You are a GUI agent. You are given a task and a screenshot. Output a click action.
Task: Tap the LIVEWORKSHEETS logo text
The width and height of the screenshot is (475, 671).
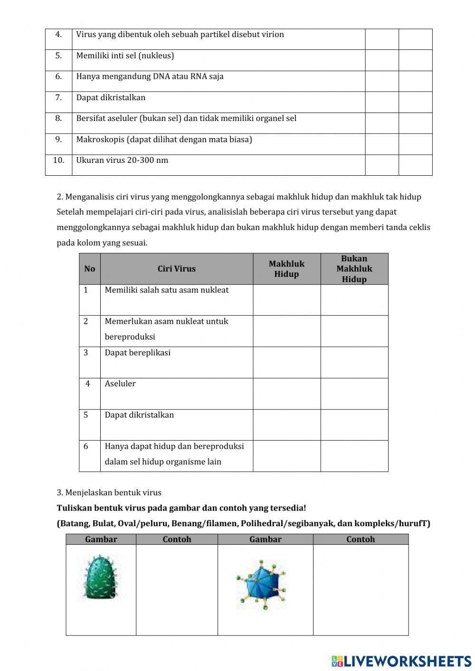pyautogui.click(x=401, y=661)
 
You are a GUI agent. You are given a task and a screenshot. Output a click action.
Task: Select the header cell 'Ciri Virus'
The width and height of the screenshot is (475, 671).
pyautogui.click(x=176, y=269)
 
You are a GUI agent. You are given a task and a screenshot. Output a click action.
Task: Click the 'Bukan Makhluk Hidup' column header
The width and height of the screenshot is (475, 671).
pyautogui.click(x=354, y=269)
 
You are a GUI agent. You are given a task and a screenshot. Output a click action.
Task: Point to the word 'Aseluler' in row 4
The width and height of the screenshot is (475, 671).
pyautogui.click(x=120, y=384)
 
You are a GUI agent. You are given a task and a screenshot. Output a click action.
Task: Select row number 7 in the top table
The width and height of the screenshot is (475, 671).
pyautogui.click(x=58, y=97)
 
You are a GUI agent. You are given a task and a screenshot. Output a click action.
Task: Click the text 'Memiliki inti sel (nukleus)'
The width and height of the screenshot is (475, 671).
pyautogui.click(x=125, y=56)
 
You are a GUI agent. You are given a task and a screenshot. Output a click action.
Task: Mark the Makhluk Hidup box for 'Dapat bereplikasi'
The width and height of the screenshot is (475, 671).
pyautogui.click(x=286, y=362)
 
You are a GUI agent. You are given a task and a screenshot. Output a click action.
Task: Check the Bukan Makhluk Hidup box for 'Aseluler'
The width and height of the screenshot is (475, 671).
pyautogui.click(x=354, y=394)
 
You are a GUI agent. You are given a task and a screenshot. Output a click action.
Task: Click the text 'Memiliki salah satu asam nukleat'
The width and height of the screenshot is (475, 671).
pyautogui.click(x=166, y=290)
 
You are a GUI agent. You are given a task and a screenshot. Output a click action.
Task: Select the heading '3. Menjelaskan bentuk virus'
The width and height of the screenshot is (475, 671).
pyautogui.click(x=109, y=492)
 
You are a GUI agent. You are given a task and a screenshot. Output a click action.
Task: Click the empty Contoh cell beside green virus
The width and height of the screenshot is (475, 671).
pyautogui.click(x=177, y=589)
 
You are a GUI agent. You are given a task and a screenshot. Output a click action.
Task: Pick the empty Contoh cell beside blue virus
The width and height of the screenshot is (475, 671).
pyautogui.click(x=361, y=589)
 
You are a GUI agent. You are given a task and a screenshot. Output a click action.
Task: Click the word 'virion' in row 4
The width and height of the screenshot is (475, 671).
pyautogui.click(x=273, y=34)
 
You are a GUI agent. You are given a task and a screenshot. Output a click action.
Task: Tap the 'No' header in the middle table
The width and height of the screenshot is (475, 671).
pyautogui.click(x=89, y=269)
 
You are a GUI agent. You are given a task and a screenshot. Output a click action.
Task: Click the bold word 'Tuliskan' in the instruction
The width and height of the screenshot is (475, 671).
pyautogui.click(x=74, y=508)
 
